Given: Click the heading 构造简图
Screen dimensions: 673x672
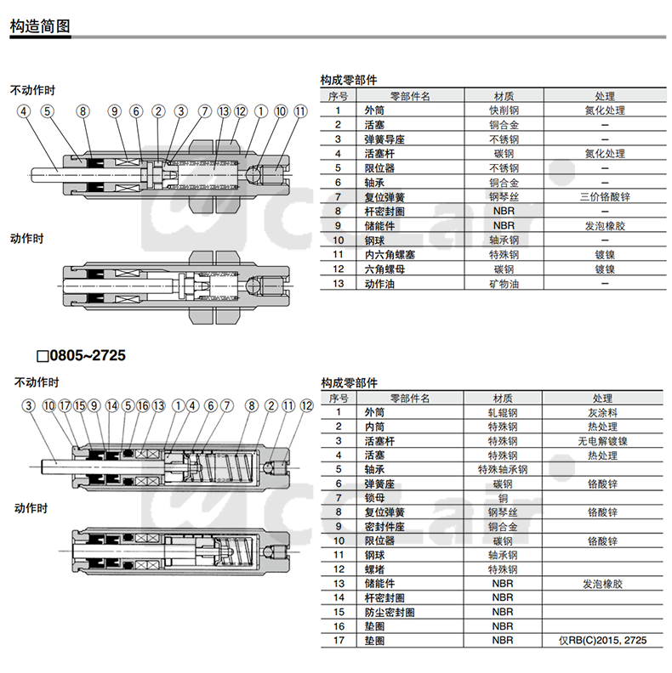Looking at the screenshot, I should coord(39,26).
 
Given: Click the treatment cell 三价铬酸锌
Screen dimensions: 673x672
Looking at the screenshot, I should coord(604,197).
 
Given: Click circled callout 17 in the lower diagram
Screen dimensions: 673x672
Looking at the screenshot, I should coord(65,406).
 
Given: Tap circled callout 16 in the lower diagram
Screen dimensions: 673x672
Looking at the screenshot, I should coord(142,406).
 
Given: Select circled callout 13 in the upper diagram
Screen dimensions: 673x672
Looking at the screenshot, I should coord(224,111).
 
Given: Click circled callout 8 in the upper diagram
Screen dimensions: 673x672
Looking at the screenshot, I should coord(82,111).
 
